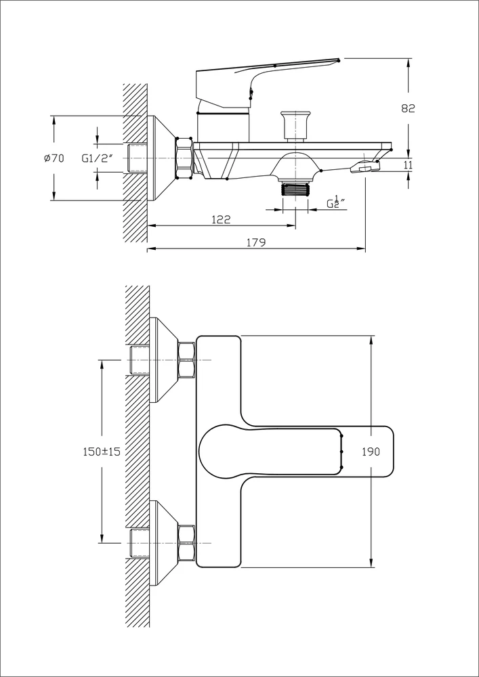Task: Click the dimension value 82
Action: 408,108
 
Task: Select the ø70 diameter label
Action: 54,158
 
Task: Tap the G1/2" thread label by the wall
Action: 97,158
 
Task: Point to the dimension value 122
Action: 221,219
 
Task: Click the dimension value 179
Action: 255,242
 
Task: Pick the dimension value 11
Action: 408,165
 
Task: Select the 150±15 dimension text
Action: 101,452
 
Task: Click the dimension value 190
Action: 371,452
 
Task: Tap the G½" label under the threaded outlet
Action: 336,203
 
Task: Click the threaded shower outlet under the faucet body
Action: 295,188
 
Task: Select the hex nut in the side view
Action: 184,158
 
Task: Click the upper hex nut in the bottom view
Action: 186,359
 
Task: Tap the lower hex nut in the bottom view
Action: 186,543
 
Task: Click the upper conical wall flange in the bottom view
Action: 164,359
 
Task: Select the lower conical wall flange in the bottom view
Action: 164,543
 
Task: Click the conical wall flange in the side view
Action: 161,158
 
